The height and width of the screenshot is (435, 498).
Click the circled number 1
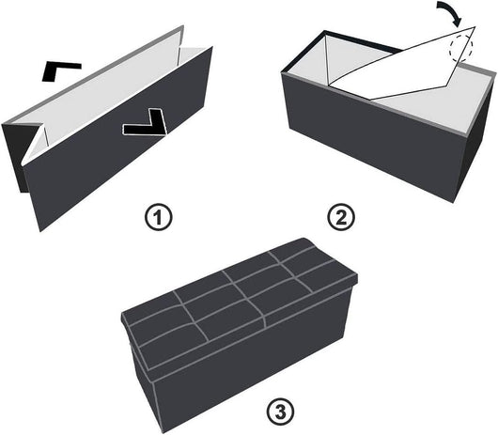(158, 219)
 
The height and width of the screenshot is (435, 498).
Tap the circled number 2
(341, 218)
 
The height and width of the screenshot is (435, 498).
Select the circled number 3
(280, 412)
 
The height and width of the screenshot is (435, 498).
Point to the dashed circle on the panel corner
(460, 48)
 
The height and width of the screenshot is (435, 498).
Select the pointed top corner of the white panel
(475, 26)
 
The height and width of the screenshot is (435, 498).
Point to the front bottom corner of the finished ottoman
(159, 433)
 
